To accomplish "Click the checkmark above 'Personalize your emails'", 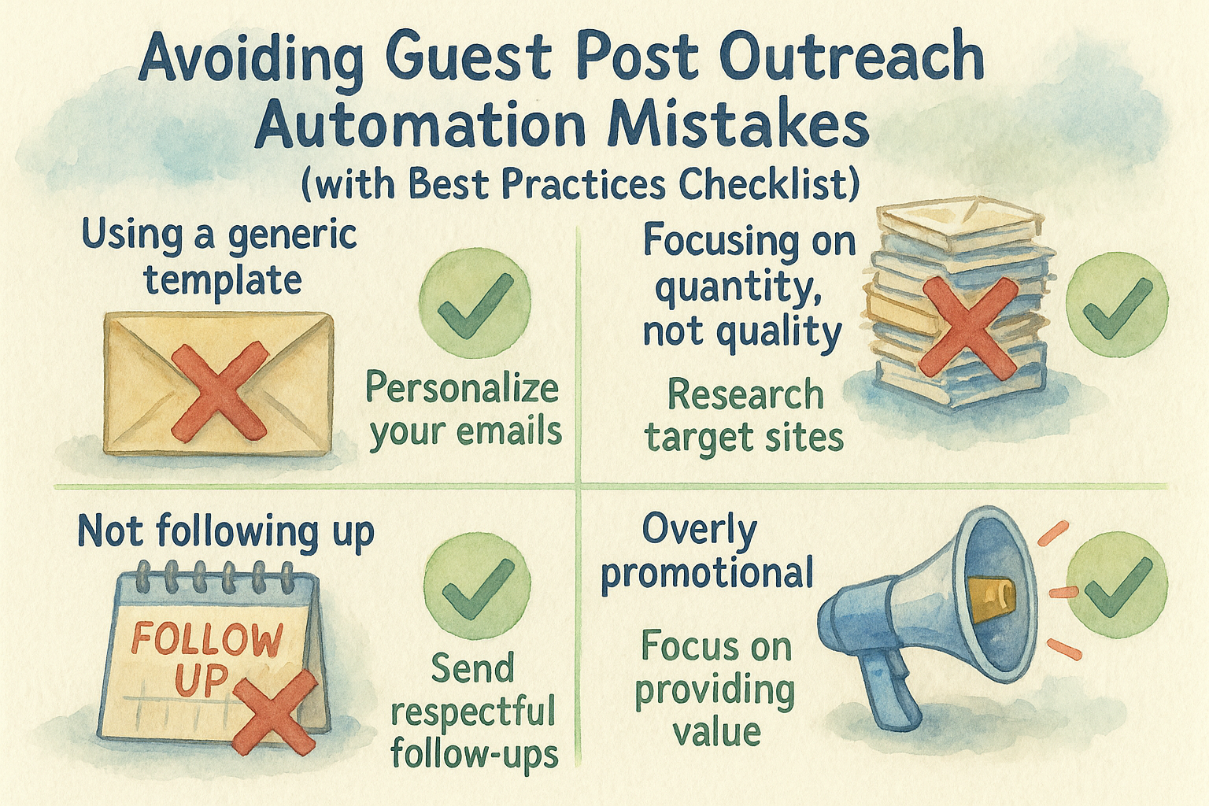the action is tap(475, 305).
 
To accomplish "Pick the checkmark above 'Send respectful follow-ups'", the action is tap(479, 589).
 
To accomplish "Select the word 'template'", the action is tap(223, 282).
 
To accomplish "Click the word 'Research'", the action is tap(745, 394).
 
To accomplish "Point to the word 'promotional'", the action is tap(707, 573).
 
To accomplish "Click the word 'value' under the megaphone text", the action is tap(717, 732).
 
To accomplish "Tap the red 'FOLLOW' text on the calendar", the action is tap(207, 640).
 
